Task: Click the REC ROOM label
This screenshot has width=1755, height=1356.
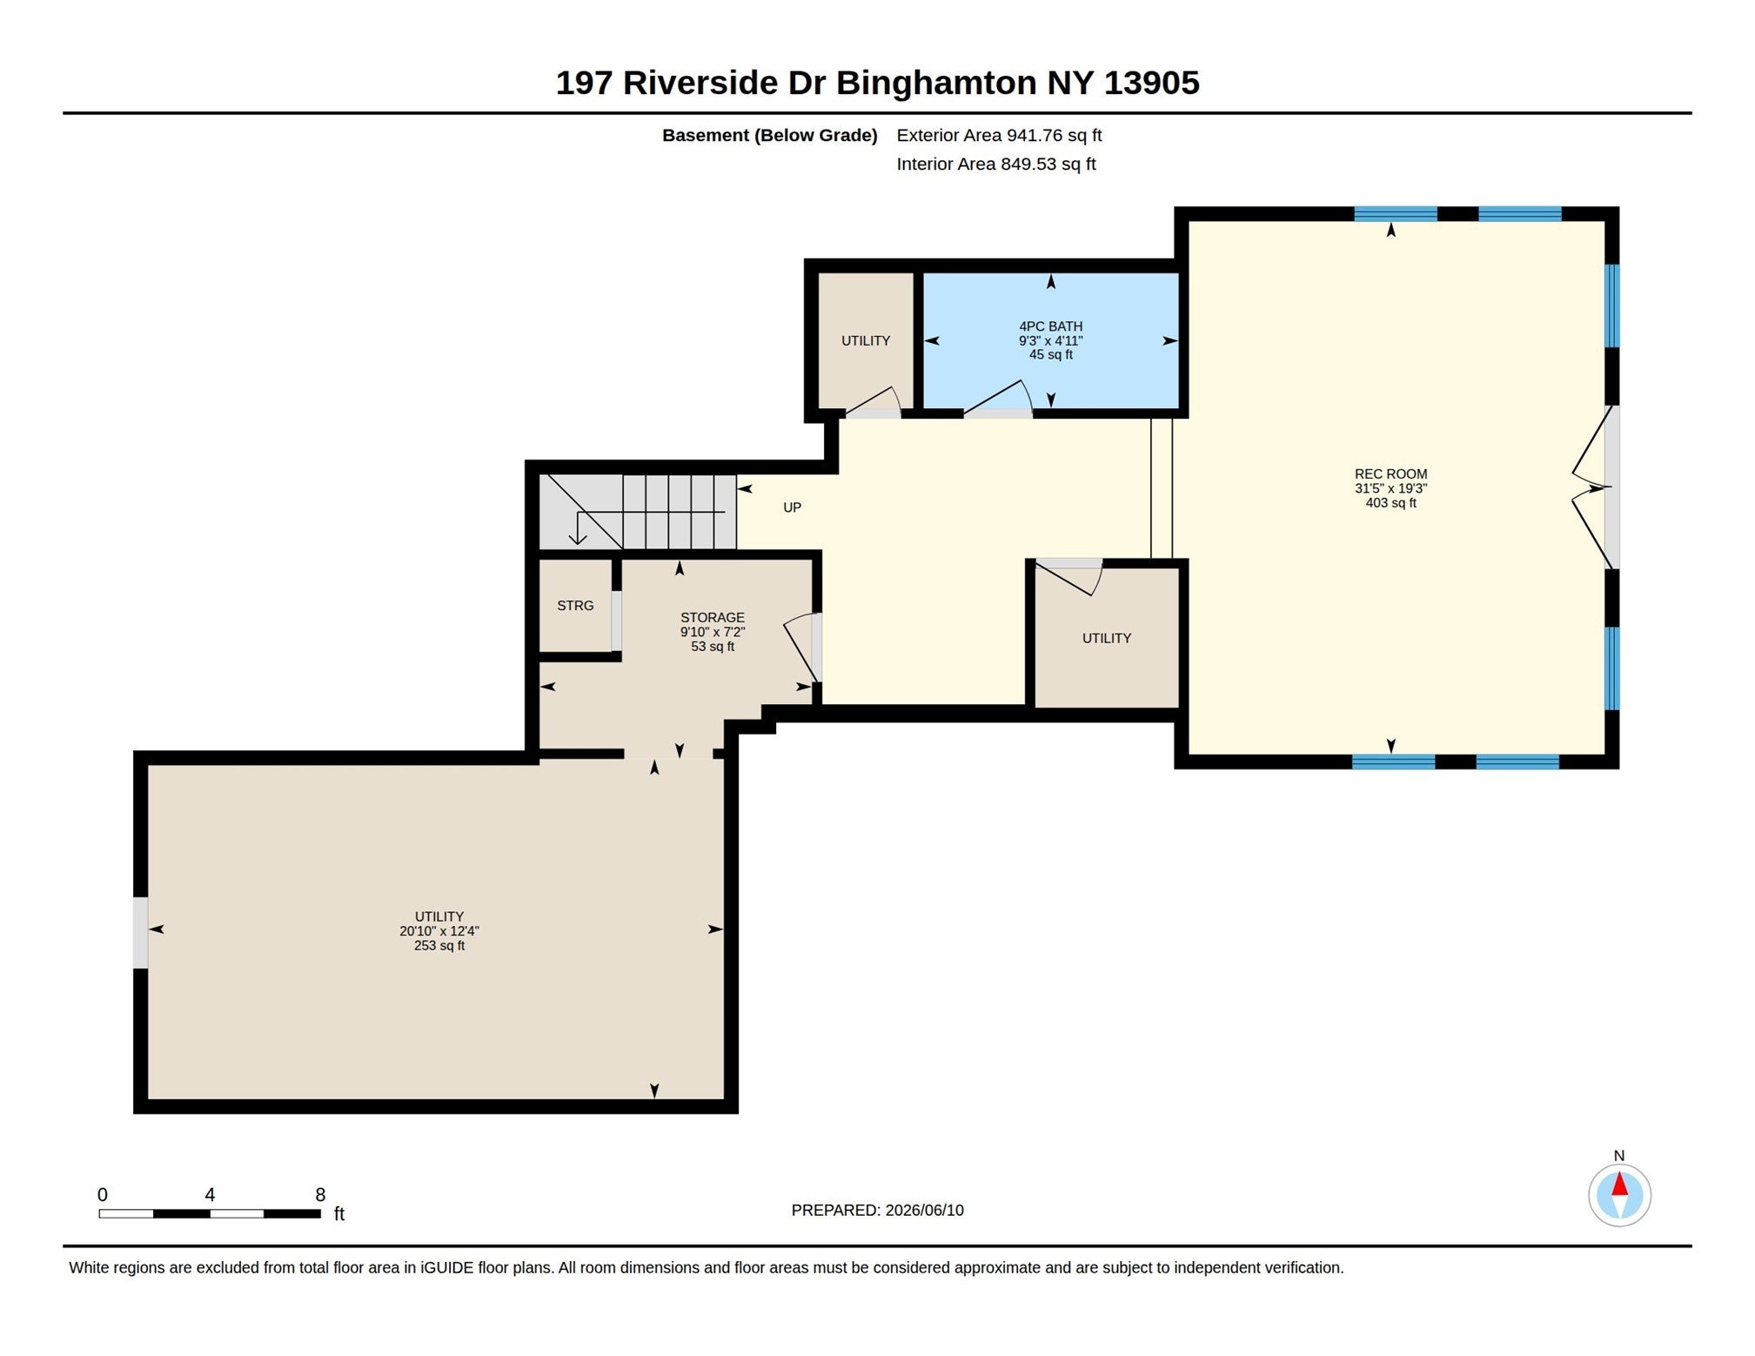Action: tap(1390, 474)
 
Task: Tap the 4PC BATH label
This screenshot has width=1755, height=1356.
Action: tap(1051, 326)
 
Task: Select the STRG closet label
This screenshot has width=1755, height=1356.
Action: tap(575, 606)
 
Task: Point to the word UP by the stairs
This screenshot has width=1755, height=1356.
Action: tap(792, 507)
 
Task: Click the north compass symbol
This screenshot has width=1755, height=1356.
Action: tap(1619, 1194)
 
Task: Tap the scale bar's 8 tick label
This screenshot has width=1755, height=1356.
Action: tap(320, 1195)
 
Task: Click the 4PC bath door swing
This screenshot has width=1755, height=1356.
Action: tap(998, 398)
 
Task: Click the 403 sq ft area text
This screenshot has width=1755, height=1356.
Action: tap(1390, 503)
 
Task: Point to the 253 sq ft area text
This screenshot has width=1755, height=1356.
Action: tap(439, 945)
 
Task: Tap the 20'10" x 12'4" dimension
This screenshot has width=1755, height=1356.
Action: tap(439, 930)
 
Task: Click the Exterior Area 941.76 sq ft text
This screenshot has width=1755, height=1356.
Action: tap(999, 135)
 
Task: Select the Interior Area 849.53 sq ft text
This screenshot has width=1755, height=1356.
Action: tap(996, 164)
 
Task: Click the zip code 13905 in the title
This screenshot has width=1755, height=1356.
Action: tap(1151, 83)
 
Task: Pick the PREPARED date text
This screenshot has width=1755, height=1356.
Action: tap(877, 1210)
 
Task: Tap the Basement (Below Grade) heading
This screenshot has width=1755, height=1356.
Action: tap(769, 135)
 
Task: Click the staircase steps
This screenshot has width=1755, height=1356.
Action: tap(639, 512)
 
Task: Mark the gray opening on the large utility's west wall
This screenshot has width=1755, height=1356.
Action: tap(140, 932)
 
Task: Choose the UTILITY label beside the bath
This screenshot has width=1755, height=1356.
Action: tap(866, 340)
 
